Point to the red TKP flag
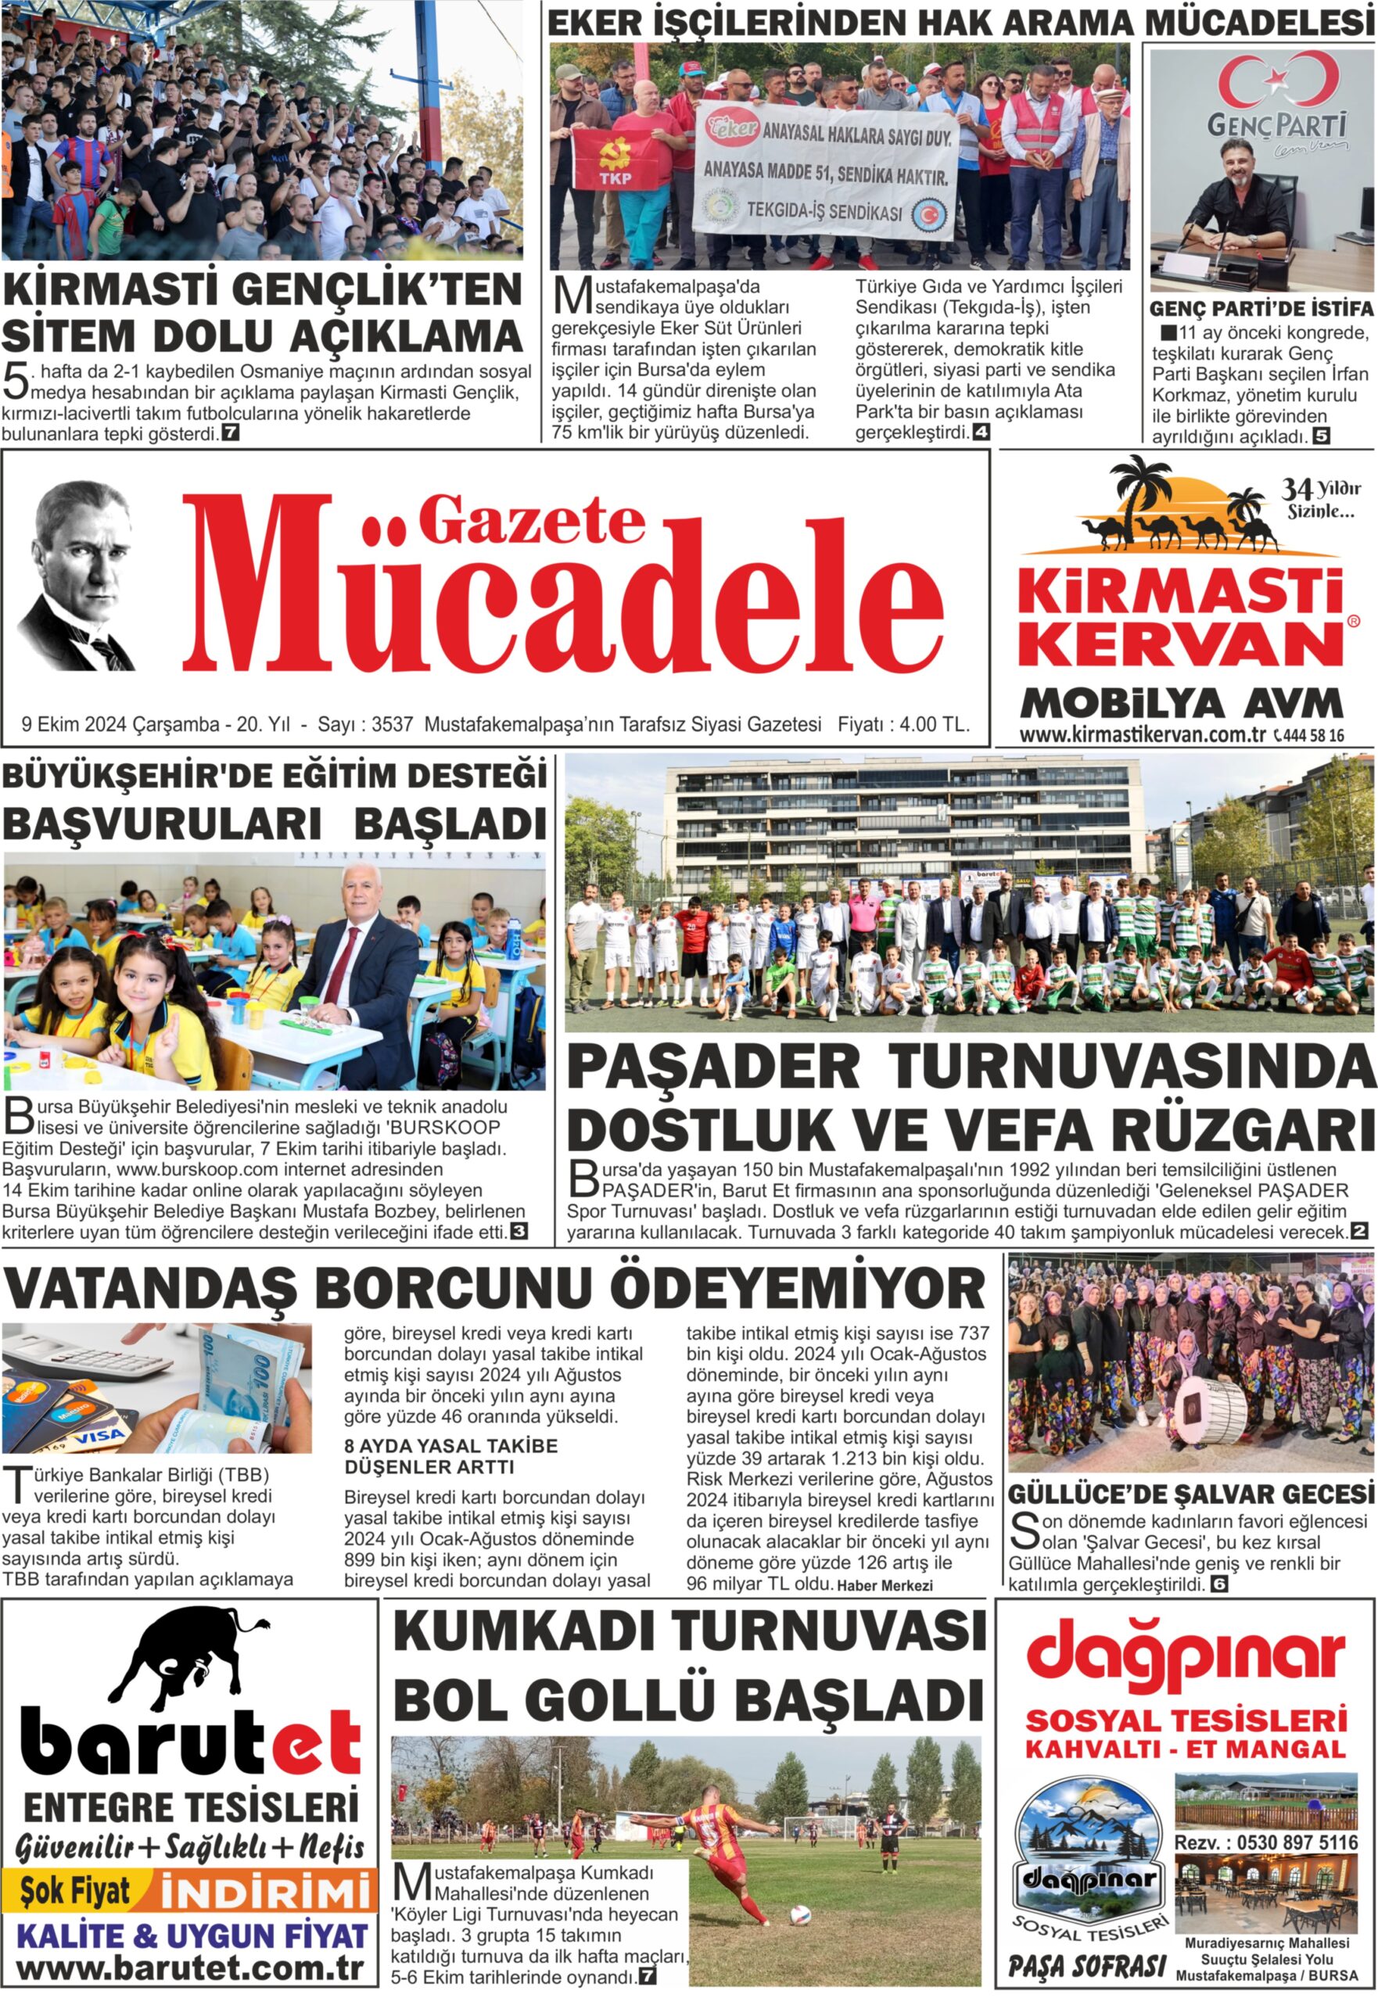(x=615, y=160)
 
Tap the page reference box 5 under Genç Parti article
(x=1321, y=437)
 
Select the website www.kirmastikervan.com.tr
(x=1142, y=736)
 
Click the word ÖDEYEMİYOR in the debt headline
(x=798, y=1289)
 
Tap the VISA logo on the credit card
(x=101, y=1439)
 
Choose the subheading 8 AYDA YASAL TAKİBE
(x=450, y=1445)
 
